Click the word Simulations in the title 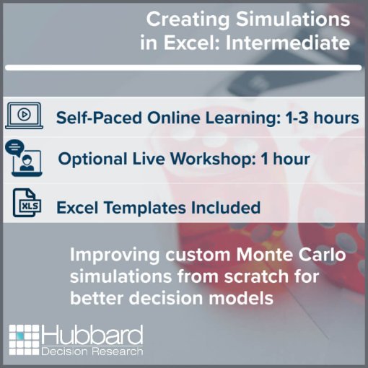293,19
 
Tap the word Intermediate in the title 288,43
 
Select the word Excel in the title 192,43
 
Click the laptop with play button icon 24,115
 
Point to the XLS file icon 27,203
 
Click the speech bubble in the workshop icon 14,147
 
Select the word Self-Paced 99,118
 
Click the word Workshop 213,159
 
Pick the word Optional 92,159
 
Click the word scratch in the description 256,276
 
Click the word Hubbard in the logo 92,336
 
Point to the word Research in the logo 118,351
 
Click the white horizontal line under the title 183,68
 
